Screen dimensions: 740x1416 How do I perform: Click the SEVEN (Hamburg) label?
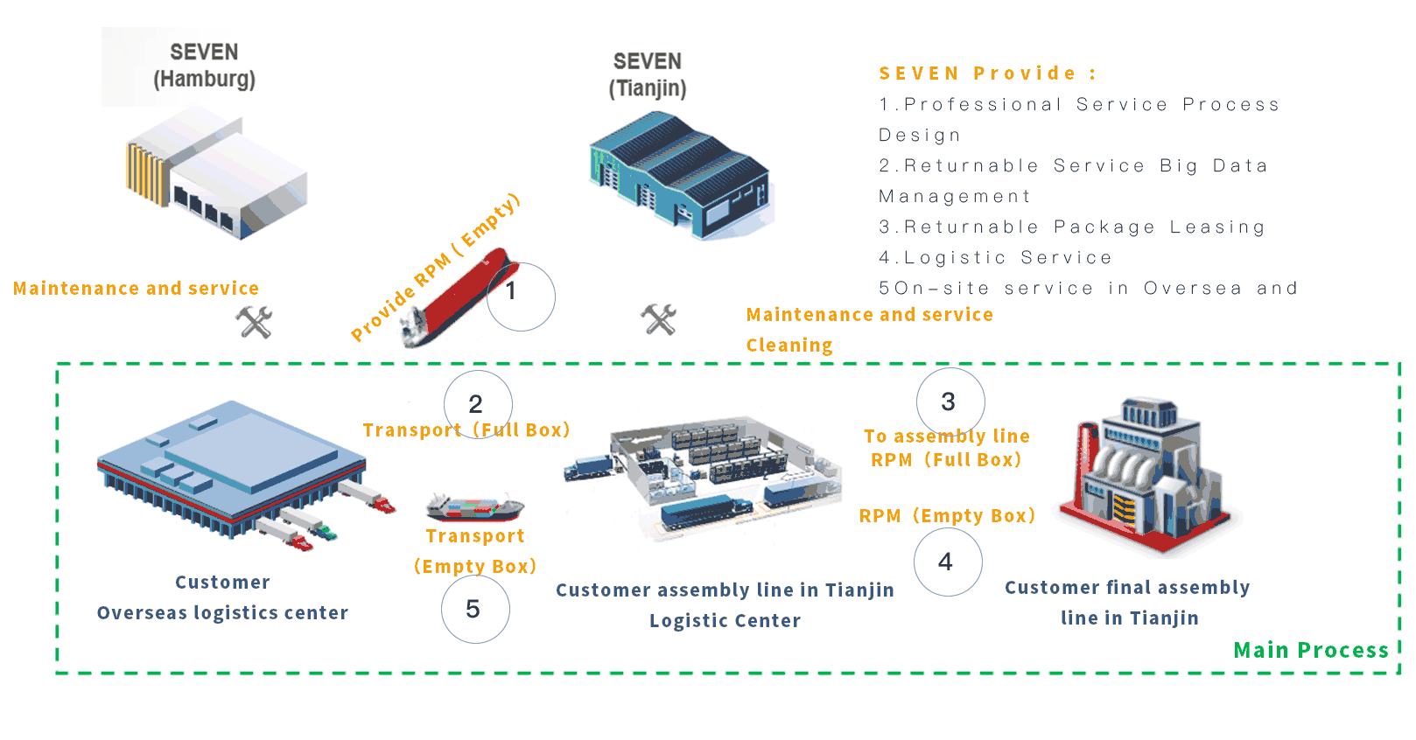(204, 66)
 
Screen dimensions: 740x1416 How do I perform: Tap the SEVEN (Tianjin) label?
(648, 74)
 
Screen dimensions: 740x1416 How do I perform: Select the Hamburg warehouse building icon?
(216, 172)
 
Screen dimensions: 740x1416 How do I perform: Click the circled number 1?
(520, 296)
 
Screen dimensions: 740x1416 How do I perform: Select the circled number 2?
(477, 403)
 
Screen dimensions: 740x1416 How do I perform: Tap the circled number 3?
(950, 401)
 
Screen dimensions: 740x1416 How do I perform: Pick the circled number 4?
(947, 562)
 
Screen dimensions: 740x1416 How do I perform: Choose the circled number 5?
(474, 609)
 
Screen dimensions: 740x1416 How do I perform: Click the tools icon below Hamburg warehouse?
(255, 322)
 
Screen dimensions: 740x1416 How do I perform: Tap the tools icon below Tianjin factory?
(659, 319)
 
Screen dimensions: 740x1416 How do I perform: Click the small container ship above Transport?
(474, 506)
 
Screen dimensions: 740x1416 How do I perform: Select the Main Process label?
(1310, 650)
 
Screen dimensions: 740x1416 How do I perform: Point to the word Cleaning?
(789, 345)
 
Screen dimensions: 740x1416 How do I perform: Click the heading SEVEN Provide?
(987, 73)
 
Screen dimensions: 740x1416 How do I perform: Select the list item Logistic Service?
(995, 257)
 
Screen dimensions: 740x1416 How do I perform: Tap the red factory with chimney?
(1146, 477)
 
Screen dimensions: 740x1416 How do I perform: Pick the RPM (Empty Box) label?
(947, 516)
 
